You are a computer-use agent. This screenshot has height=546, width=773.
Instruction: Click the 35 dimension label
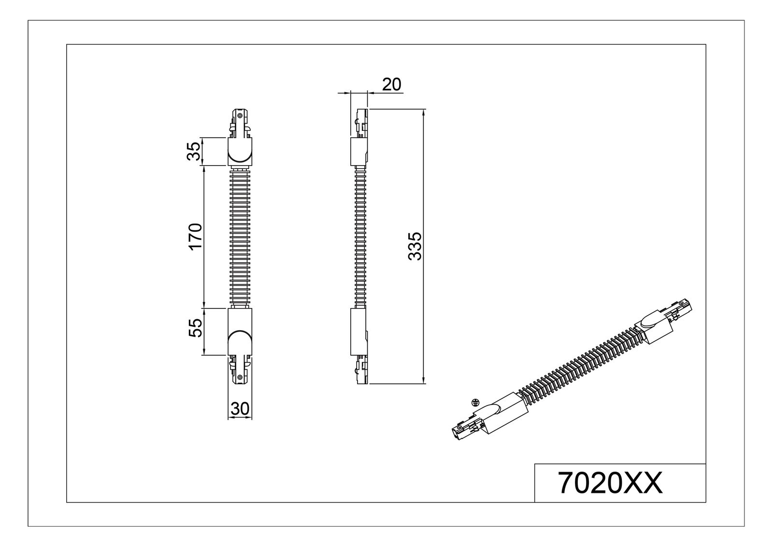pyautogui.click(x=194, y=151)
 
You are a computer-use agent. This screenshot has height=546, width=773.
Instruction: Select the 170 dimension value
pyautogui.click(x=195, y=237)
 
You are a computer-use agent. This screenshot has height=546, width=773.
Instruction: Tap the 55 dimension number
pyautogui.click(x=195, y=328)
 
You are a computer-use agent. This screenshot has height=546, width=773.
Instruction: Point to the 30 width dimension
pyautogui.click(x=240, y=409)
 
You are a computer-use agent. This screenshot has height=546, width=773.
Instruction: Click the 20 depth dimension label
pyautogui.click(x=392, y=84)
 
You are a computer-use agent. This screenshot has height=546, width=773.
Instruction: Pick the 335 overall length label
pyautogui.click(x=415, y=246)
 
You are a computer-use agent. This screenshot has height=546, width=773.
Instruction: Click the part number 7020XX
pyautogui.click(x=610, y=483)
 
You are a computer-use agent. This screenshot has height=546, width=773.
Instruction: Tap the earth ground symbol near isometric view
pyautogui.click(x=475, y=402)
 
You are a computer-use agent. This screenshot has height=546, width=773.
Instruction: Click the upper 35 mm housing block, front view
pyautogui.click(x=240, y=151)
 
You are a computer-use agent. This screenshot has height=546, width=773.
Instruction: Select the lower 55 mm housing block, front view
pyautogui.click(x=240, y=332)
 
